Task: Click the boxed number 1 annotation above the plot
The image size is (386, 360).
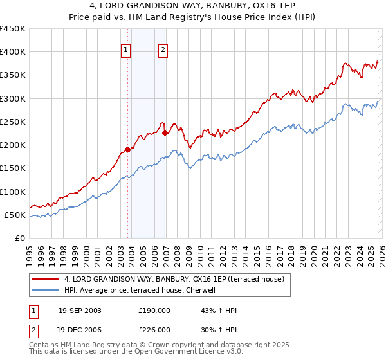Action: coord(125,51)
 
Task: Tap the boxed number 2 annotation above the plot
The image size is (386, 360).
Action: coord(163,51)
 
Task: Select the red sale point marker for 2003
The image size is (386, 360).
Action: coord(127,149)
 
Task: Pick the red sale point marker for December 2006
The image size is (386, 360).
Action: coord(165,133)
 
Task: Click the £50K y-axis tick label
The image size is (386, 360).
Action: coord(15,215)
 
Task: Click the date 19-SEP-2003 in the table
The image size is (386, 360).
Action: coord(80,310)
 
